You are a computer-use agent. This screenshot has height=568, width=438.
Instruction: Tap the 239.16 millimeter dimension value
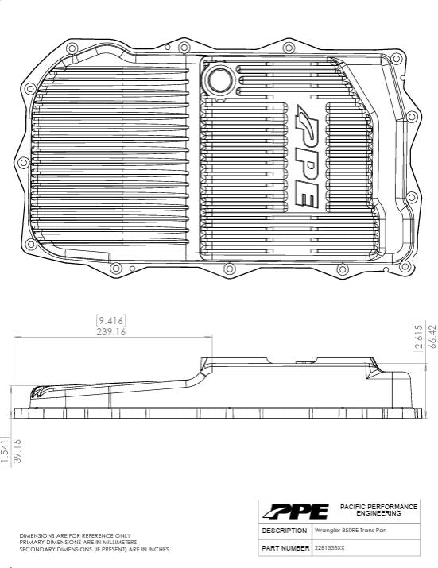111,332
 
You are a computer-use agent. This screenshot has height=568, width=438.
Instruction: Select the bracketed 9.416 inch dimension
111,320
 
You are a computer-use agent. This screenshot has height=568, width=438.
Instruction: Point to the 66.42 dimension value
432,337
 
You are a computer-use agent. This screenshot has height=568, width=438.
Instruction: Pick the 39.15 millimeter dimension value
17,451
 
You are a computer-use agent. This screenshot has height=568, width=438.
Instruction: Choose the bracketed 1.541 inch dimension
5,451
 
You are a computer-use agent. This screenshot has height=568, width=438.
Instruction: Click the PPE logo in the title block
295,511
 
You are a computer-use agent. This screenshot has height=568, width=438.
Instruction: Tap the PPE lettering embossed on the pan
304,156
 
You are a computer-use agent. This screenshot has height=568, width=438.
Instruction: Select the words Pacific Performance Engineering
378,510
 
